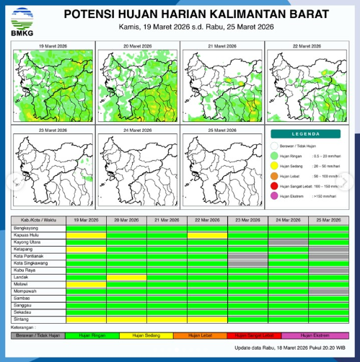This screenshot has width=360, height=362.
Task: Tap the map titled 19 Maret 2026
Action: [x=53, y=84]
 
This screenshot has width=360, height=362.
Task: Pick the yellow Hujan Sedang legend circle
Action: [x=275, y=166]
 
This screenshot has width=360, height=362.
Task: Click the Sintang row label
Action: [x=21, y=318]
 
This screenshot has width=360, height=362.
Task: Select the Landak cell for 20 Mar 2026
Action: [x=126, y=277]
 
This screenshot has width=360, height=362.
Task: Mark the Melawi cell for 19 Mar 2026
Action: [x=86, y=283]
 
